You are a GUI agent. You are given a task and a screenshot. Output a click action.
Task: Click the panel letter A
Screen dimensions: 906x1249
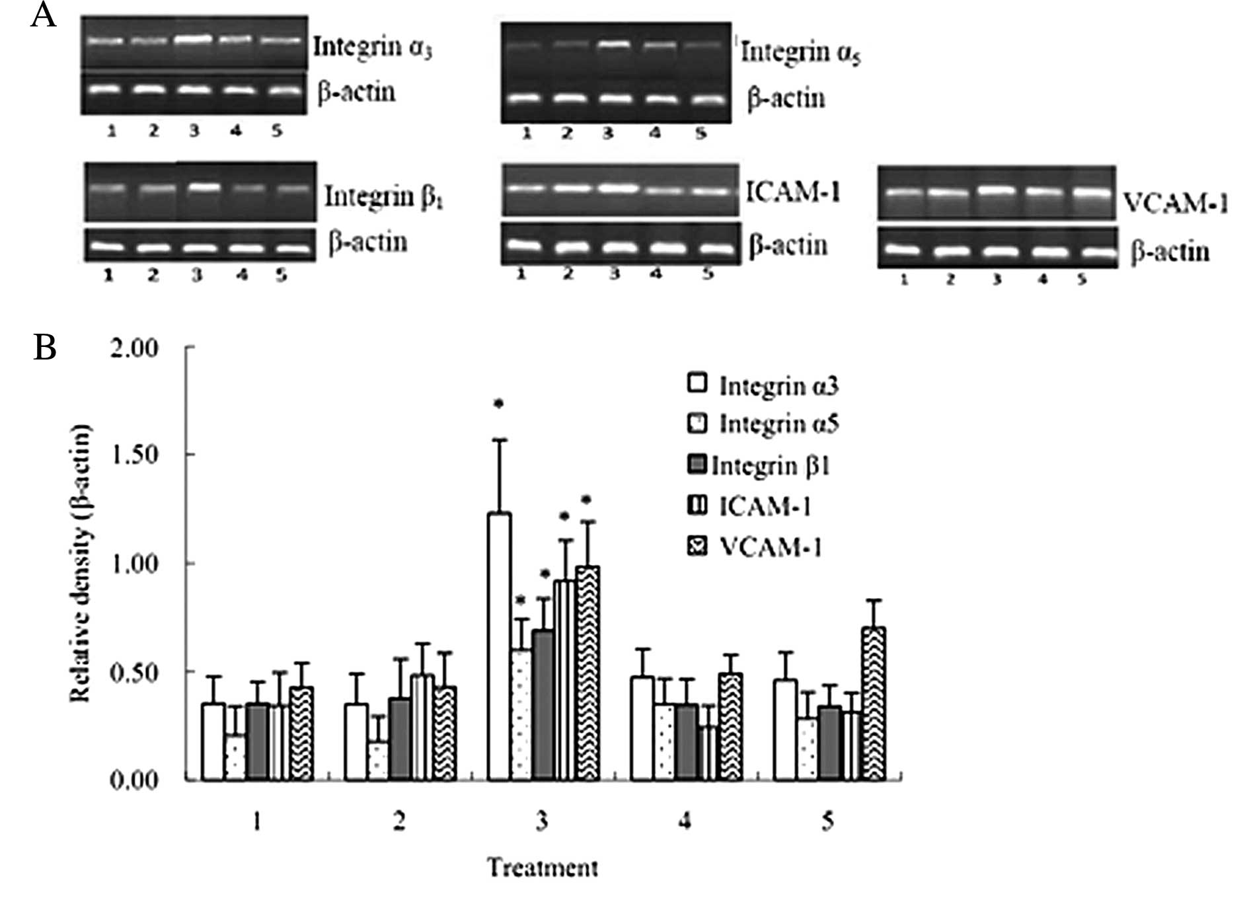pos(43,15)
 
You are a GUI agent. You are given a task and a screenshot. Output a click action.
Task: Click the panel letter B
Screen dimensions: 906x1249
pos(44,347)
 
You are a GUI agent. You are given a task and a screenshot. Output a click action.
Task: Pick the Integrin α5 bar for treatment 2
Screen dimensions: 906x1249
pos(377,761)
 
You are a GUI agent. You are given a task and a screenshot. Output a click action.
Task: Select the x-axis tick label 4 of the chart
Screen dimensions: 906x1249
pos(685,821)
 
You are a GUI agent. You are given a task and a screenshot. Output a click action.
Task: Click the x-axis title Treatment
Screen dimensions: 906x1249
pos(543,867)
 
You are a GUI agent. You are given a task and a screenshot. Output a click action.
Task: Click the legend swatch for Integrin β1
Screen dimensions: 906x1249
pos(698,465)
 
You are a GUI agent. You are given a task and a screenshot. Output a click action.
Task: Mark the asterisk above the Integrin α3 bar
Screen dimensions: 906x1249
pos(499,404)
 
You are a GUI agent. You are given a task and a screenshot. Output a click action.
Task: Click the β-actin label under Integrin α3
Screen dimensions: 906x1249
pos(356,92)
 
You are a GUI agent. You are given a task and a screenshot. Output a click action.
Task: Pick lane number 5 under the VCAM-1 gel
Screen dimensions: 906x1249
pos(1081,280)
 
